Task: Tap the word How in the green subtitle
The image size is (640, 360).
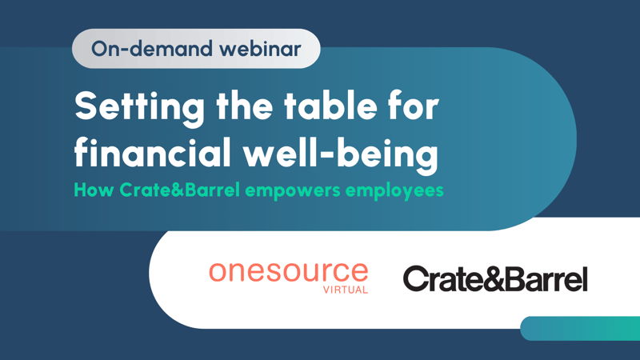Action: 90,191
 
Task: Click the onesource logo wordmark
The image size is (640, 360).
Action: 288,272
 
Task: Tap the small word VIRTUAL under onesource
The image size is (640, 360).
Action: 346,290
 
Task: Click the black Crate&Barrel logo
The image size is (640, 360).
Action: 495,279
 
